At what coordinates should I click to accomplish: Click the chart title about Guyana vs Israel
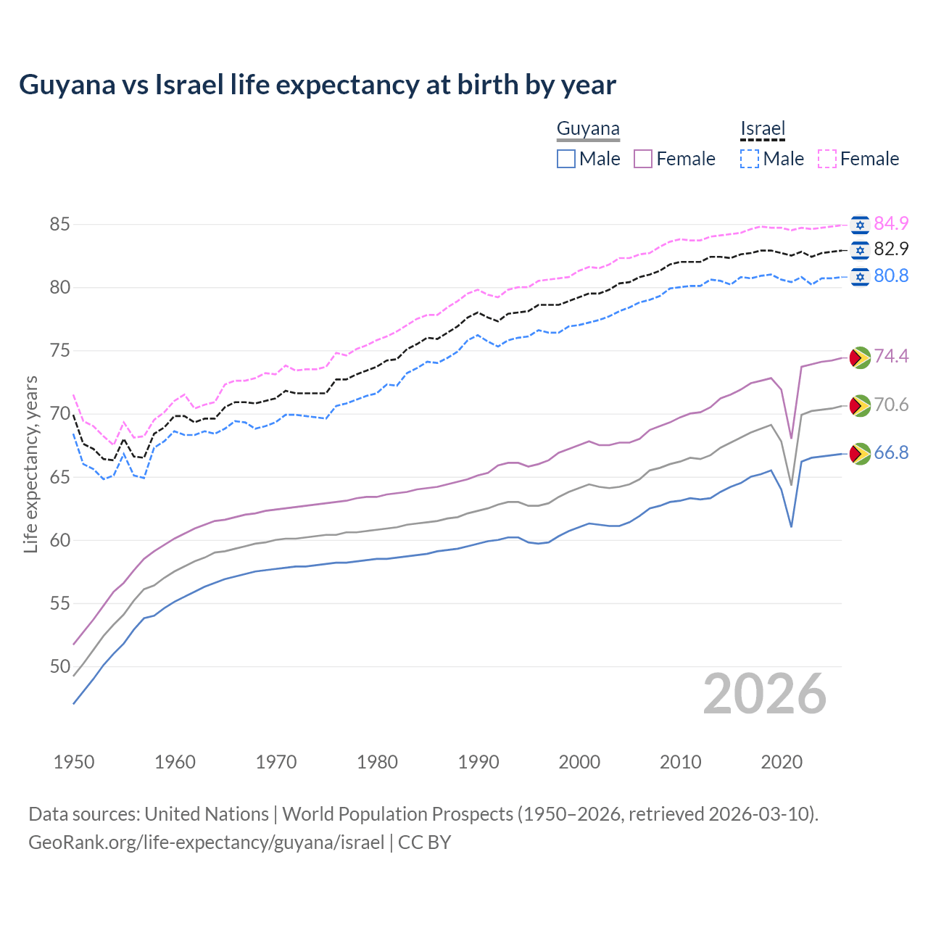click(318, 85)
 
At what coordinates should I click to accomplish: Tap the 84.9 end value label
click(891, 223)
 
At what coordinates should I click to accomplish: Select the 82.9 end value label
click(891, 249)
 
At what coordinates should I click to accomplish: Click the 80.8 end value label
click(891, 275)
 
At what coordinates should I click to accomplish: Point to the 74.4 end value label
click(891, 356)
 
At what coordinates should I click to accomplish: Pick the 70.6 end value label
click(891, 405)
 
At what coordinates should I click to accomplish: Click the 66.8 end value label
click(891, 453)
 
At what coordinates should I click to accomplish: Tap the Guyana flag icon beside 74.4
click(860, 357)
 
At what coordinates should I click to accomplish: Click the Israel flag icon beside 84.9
click(860, 225)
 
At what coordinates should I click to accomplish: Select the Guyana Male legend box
click(566, 159)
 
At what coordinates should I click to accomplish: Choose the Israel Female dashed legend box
click(827, 159)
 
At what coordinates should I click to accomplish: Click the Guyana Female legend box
click(643, 159)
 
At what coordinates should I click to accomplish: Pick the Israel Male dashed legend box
click(750, 159)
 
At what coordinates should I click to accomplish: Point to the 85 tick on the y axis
click(59, 225)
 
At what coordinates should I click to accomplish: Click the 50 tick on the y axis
click(59, 666)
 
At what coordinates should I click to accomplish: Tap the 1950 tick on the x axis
click(74, 762)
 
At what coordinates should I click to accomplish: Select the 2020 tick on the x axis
click(782, 762)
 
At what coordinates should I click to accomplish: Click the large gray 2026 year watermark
click(764, 694)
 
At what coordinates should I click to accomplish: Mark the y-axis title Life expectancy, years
click(31, 464)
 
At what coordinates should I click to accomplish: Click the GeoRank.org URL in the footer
click(206, 842)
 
